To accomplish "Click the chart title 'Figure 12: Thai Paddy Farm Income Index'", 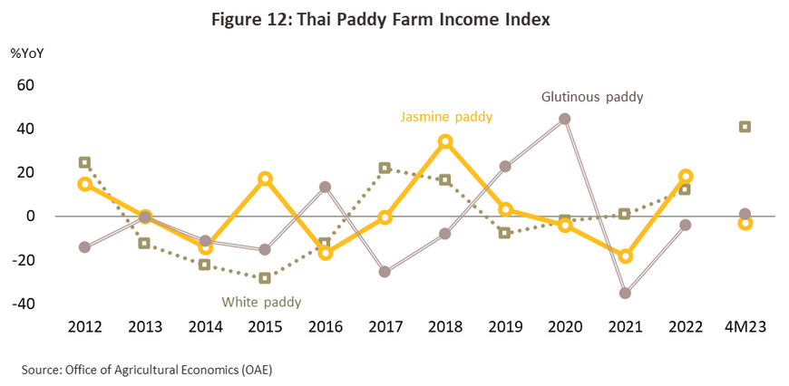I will pyautogui.click(x=394, y=17).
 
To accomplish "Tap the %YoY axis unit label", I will pyautogui.click(x=27, y=52).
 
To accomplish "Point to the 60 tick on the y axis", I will pyautogui.click(x=24, y=85).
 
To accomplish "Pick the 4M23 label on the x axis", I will pyautogui.click(x=745, y=326).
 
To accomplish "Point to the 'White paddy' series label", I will pyautogui.click(x=262, y=302).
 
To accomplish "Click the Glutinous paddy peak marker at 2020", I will pyautogui.click(x=565, y=119).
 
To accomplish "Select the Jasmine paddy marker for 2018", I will pyautogui.click(x=445, y=141).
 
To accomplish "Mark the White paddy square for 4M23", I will pyautogui.click(x=745, y=127).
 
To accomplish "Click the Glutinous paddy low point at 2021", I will pyautogui.click(x=625, y=293).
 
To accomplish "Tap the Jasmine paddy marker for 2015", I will pyautogui.click(x=265, y=179).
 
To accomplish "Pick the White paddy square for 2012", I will pyautogui.click(x=84, y=162).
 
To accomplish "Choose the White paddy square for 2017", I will pyautogui.click(x=385, y=168).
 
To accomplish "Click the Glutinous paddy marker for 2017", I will pyautogui.click(x=385, y=272).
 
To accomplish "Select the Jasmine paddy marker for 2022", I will pyautogui.click(x=686, y=176).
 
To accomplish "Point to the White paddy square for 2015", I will pyautogui.click(x=265, y=278).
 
